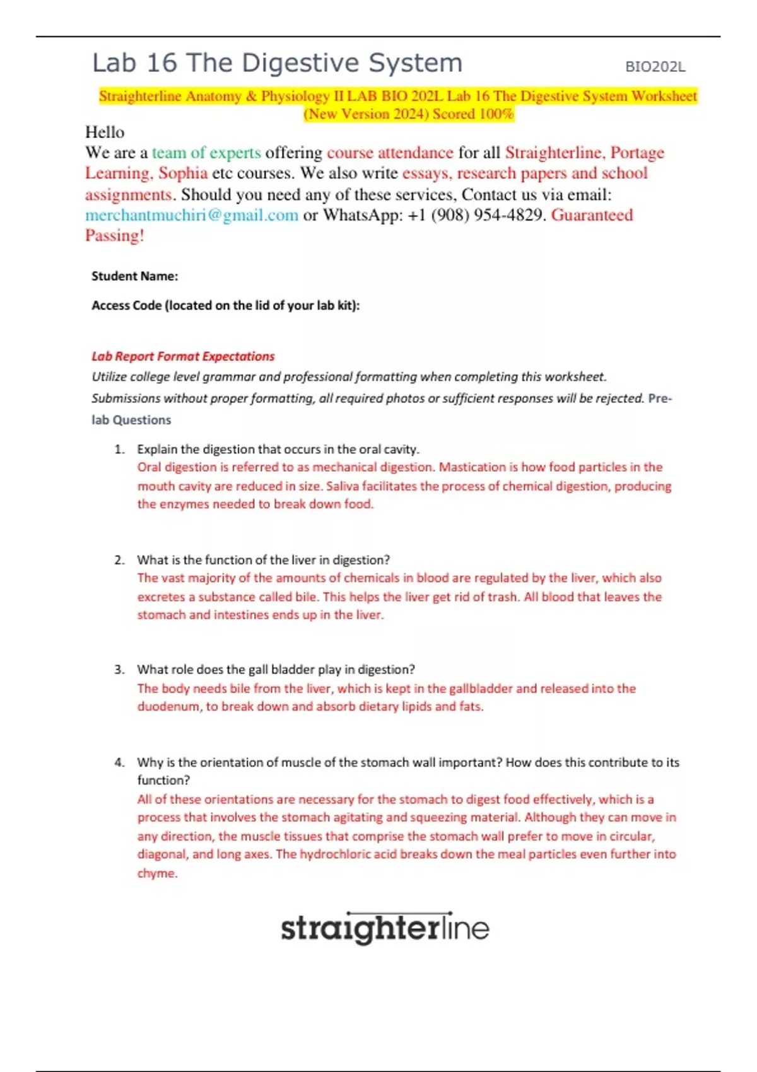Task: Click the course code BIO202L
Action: click(655, 67)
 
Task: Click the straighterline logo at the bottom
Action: click(385, 928)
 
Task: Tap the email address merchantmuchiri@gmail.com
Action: click(192, 215)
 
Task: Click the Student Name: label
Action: click(134, 276)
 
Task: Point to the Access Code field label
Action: click(225, 306)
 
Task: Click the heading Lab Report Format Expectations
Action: click(183, 356)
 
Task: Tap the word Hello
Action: click(105, 132)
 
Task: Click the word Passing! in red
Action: click(115, 236)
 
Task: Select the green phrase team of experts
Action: click(206, 153)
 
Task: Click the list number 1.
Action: click(119, 450)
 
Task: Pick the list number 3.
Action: click(119, 670)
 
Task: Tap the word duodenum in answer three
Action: click(168, 707)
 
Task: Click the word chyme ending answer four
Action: click(157, 873)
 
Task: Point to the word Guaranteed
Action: click(592, 215)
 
